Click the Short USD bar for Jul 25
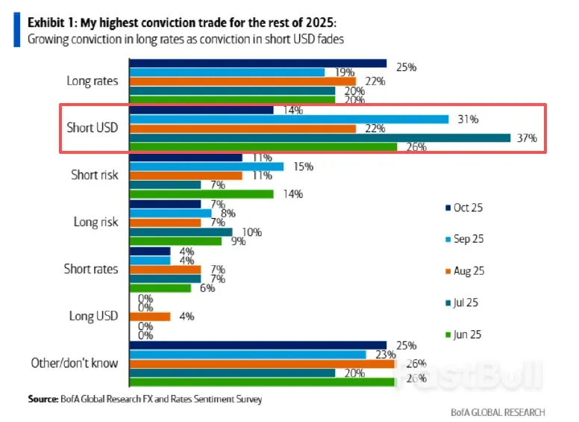[320, 137]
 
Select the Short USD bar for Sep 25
[289, 119]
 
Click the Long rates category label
[93, 81]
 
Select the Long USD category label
[93, 316]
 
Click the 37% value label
[527, 138]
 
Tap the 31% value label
[468, 120]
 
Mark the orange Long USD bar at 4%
[150, 316]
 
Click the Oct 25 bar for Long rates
[258, 63]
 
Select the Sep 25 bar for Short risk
[207, 166]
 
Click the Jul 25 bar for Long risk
[181, 232]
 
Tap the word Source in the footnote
[43, 400]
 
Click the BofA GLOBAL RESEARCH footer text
[498, 412]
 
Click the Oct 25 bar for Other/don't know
[258, 345]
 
